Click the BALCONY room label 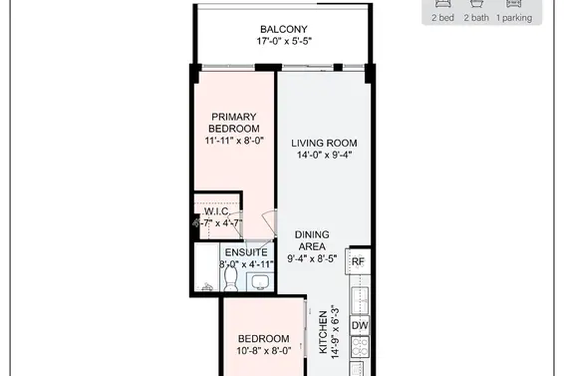[282, 29]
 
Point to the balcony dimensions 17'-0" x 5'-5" [282, 43]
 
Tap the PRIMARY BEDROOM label [234, 123]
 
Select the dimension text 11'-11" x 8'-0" [234, 141]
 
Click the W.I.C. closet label [217, 212]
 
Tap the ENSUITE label [245, 253]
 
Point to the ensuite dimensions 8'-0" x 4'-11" [245, 266]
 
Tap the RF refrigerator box [360, 262]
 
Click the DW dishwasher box [360, 325]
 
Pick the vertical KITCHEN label [323, 332]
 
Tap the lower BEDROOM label [263, 338]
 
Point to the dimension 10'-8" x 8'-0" [263, 351]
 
